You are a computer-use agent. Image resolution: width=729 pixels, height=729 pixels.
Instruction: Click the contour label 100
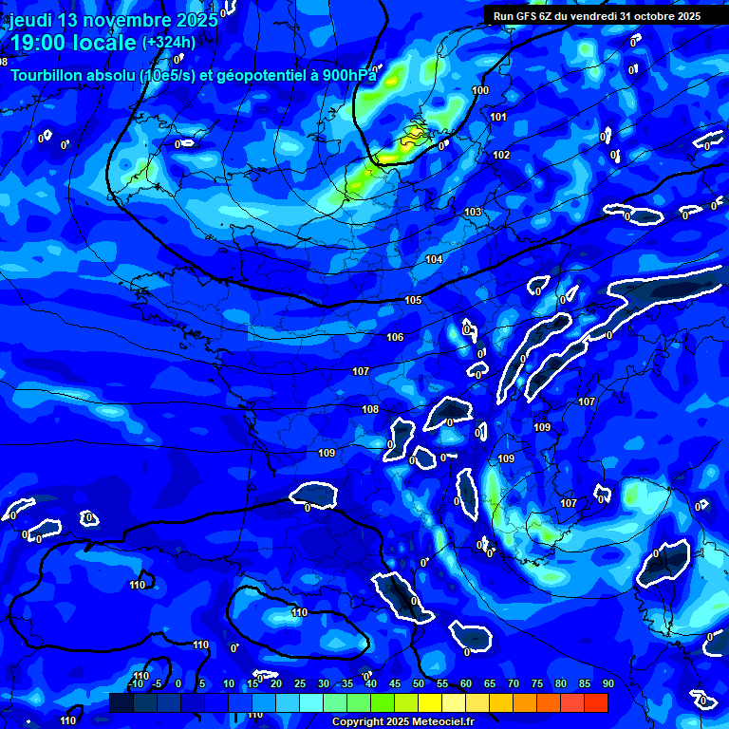(x=480, y=91)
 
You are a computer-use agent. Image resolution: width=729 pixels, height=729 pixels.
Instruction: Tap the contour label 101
(x=498, y=117)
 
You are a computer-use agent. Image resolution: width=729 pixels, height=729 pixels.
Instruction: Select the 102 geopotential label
(x=501, y=155)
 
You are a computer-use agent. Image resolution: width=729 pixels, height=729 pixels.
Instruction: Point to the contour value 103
(x=473, y=212)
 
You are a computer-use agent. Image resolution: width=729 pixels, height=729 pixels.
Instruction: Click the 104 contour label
(x=434, y=259)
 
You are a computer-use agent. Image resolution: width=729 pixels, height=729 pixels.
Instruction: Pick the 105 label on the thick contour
(x=413, y=300)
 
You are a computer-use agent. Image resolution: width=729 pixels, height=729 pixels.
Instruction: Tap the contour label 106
(x=395, y=337)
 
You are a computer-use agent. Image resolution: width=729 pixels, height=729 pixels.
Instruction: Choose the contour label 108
(x=370, y=409)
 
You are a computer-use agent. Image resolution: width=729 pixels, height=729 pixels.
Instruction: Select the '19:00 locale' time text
(x=72, y=43)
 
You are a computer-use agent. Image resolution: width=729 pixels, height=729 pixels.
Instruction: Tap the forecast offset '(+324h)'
(x=169, y=43)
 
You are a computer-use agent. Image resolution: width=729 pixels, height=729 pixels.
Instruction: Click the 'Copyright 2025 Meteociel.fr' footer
(x=402, y=722)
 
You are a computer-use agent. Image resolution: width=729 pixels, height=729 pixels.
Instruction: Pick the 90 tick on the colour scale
(x=607, y=683)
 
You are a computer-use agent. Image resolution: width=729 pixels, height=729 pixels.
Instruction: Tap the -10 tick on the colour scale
(x=136, y=683)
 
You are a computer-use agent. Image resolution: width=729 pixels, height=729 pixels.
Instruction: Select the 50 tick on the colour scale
(x=419, y=683)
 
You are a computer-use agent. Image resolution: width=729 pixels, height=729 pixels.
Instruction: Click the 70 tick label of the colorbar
(x=514, y=683)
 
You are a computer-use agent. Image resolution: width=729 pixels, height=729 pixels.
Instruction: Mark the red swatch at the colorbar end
(x=596, y=702)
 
